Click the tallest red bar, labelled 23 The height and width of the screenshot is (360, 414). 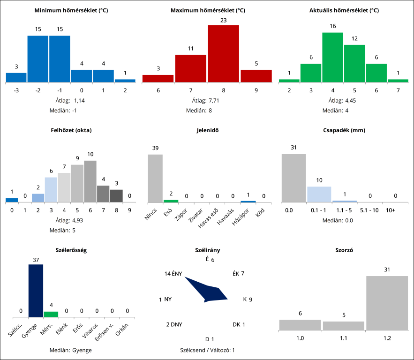coord(223,53)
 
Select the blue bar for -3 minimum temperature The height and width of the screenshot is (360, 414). coord(16,77)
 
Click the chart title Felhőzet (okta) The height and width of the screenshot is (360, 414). coord(70,130)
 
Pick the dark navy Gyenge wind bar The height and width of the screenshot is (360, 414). coord(36,291)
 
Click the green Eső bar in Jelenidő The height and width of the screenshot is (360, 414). coord(171,201)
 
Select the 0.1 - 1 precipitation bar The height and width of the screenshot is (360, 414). coord(319,194)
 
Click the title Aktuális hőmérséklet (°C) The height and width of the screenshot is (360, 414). coord(344,10)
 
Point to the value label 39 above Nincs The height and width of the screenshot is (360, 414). coord(155,148)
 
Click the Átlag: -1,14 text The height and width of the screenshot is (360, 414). coord(70,100)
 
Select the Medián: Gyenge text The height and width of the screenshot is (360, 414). coord(70,350)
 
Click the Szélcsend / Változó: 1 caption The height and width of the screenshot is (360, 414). coord(207,350)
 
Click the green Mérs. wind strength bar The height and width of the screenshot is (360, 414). coord(51,314)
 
